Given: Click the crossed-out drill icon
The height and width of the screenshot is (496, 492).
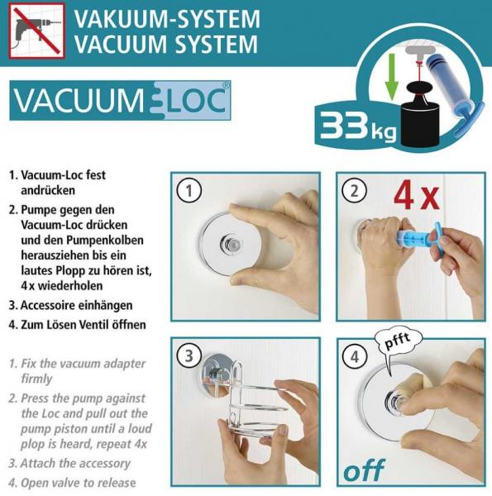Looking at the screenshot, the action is pos(37,31).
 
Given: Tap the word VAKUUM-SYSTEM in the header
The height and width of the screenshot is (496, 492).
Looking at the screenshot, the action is pos(167,19).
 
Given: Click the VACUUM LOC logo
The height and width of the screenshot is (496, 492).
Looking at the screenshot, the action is pos(120,101).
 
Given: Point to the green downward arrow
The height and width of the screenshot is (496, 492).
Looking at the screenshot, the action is pos(392,76).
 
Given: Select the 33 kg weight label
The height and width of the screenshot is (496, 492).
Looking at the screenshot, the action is pos(357,126).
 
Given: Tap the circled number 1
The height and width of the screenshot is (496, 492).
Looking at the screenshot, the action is pos(189,191).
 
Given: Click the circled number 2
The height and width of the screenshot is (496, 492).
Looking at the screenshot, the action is pos(355,191).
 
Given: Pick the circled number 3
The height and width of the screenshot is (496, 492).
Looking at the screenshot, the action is pos(189,355).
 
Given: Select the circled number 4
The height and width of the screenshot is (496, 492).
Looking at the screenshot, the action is pos(355,357).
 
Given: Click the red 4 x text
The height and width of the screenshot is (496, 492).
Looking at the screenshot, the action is pos(417,197).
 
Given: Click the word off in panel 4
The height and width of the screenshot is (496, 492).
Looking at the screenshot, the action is pos(364,470).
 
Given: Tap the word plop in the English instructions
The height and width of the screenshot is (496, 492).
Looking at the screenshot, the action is pos(33,445).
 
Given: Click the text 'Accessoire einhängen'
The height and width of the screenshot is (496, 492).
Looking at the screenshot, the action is pos(77,306).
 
